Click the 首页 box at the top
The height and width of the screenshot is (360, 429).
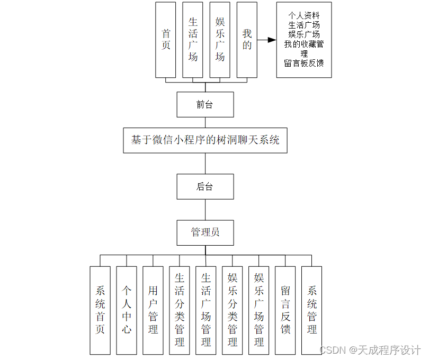tap(166, 40)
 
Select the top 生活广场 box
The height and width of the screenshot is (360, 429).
tap(193, 40)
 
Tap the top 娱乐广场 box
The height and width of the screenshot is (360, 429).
tap(220, 40)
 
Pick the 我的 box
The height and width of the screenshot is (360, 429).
tap(247, 40)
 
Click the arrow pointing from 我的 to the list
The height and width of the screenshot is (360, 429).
tap(267, 40)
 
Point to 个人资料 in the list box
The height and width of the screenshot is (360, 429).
tap(304, 15)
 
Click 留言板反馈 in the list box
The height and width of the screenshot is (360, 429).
tap(304, 63)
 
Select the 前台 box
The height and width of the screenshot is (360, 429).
tap(205, 105)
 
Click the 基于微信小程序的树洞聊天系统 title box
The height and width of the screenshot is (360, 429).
tap(205, 140)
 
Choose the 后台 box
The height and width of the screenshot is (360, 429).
tap(205, 186)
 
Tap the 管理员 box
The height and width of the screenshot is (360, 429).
tap(205, 232)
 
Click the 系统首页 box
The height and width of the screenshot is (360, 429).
tap(100, 310)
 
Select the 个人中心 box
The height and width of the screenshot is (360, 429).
tap(127, 310)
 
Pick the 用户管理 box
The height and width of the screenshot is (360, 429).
tap(153, 310)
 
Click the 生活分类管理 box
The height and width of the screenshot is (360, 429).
tap(180, 310)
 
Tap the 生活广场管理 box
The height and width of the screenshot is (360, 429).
tap(206, 310)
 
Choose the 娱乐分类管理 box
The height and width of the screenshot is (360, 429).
tap(233, 310)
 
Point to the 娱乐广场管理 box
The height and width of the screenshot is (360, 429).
tap(259, 310)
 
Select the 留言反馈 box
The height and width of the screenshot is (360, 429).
tap(285, 310)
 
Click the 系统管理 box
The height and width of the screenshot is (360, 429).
tap(312, 310)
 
